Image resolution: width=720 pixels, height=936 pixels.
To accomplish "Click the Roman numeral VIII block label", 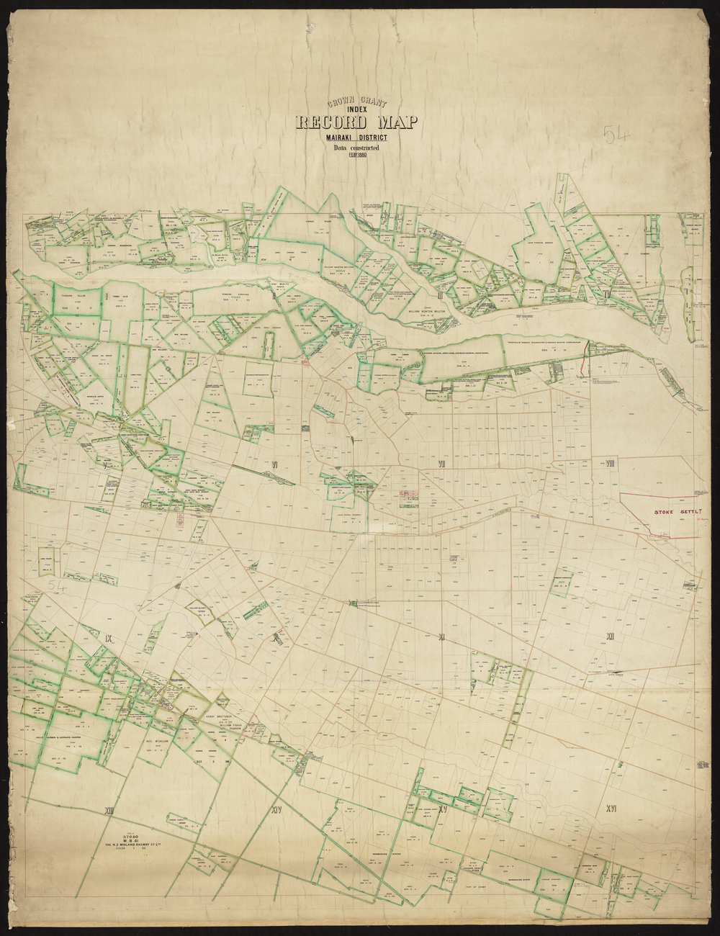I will click(610, 463).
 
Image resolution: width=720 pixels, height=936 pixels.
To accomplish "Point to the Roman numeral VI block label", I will click(274, 464).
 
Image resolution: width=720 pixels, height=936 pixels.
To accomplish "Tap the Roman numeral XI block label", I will click(443, 637).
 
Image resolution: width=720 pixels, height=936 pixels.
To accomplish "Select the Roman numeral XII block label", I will click(610, 636).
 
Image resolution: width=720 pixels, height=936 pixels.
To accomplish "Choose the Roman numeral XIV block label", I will click(276, 811).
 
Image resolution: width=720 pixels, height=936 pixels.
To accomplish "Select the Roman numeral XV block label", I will click(443, 810).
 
